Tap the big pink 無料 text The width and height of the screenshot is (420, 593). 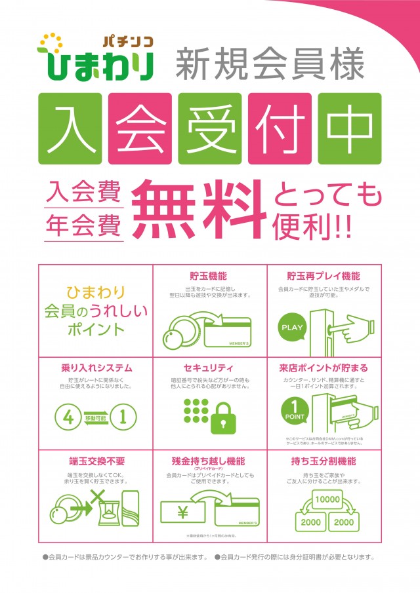(199, 208)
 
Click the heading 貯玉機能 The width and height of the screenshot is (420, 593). (209, 276)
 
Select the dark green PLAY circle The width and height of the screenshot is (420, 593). (292, 326)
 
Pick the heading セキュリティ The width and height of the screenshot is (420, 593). (209, 368)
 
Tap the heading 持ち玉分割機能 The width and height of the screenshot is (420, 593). (324, 461)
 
